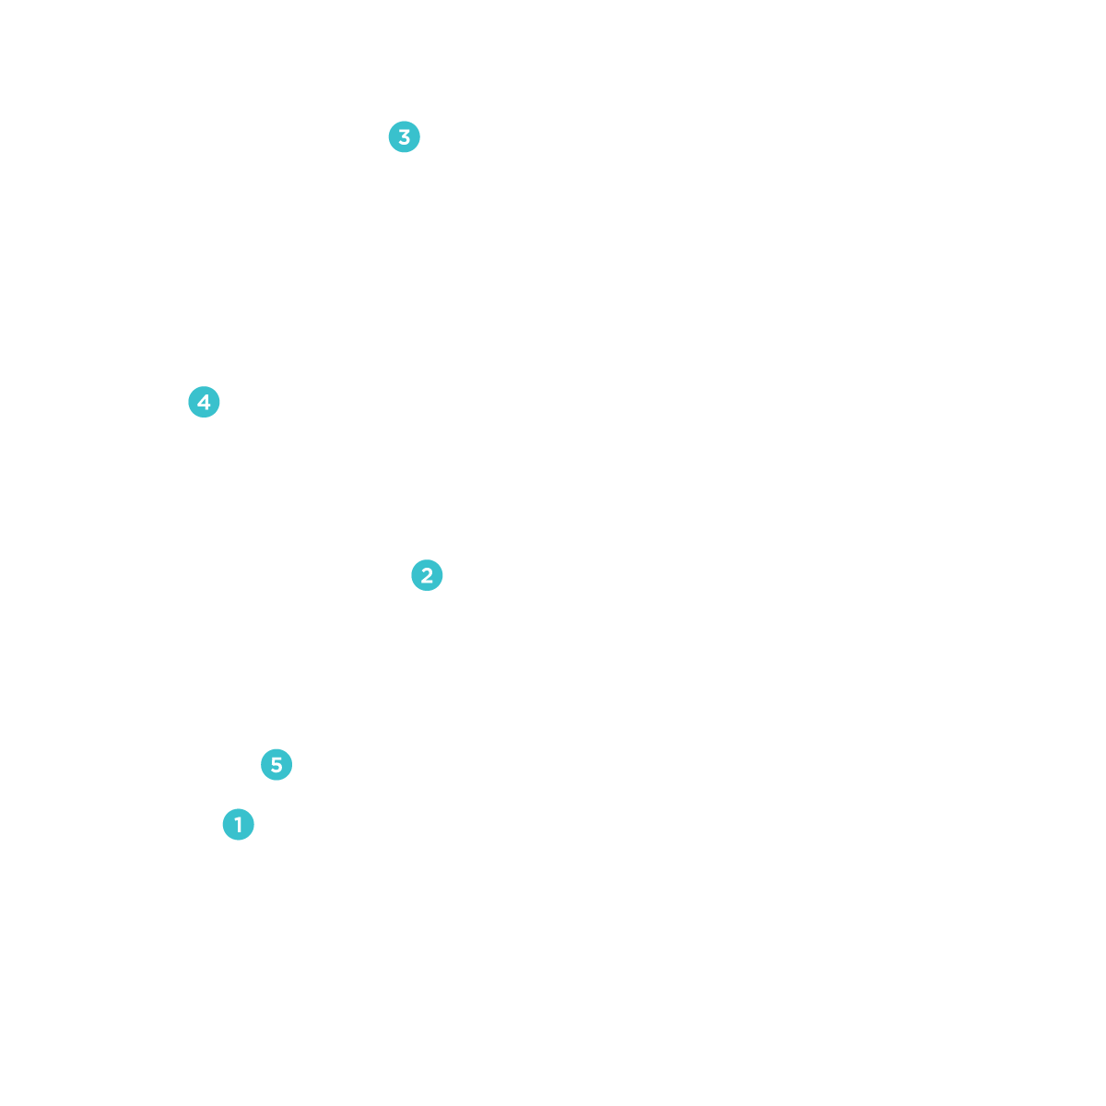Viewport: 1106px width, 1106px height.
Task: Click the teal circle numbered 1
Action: (238, 824)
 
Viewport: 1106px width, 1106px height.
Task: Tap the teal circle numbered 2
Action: (426, 576)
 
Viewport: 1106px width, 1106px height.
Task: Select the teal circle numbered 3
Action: (403, 138)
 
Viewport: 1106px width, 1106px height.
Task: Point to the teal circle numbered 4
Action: (203, 402)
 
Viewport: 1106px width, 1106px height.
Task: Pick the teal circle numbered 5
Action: (276, 764)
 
